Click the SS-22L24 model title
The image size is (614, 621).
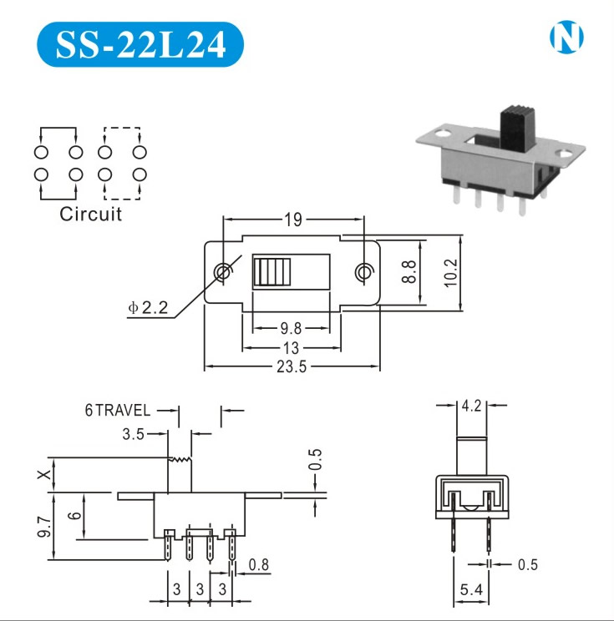[140, 44]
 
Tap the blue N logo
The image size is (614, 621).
[566, 37]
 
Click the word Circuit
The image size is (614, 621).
[90, 214]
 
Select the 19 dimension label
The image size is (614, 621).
[293, 220]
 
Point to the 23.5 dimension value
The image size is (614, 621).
[292, 366]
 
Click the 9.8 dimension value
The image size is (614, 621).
[291, 328]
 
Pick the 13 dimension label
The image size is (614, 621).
[291, 348]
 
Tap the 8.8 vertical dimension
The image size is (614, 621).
[408, 272]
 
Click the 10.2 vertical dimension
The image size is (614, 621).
[450, 273]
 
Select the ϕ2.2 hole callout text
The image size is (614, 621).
[148, 307]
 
